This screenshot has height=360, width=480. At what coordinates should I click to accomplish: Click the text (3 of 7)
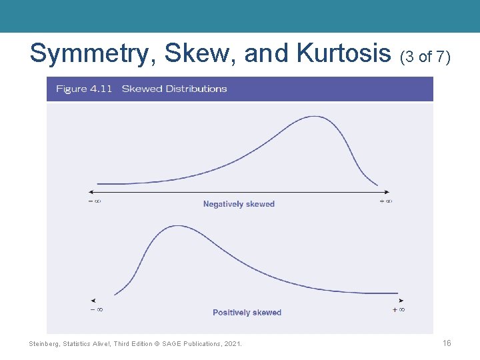pyautogui.click(x=425, y=57)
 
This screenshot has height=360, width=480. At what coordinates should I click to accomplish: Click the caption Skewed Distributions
pyautogui.click(x=174, y=89)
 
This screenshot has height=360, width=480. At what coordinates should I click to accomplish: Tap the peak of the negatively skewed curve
pyautogui.click(x=314, y=117)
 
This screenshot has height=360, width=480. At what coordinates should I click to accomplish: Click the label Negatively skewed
pyautogui.click(x=239, y=204)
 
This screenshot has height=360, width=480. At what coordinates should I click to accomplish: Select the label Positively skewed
pyautogui.click(x=247, y=312)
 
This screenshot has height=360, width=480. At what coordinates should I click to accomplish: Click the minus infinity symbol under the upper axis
pyautogui.click(x=95, y=201)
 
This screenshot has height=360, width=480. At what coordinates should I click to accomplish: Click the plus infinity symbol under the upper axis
pyautogui.click(x=385, y=201)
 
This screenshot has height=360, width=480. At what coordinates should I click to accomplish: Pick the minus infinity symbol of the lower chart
pyautogui.click(x=97, y=309)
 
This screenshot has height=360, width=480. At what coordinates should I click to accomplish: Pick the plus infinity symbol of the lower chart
pyautogui.click(x=399, y=309)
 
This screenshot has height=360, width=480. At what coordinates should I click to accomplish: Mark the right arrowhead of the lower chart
pyautogui.click(x=401, y=301)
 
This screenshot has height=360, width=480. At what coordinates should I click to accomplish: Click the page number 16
pyautogui.click(x=447, y=343)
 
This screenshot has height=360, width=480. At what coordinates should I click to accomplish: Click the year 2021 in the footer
pyautogui.click(x=233, y=343)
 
